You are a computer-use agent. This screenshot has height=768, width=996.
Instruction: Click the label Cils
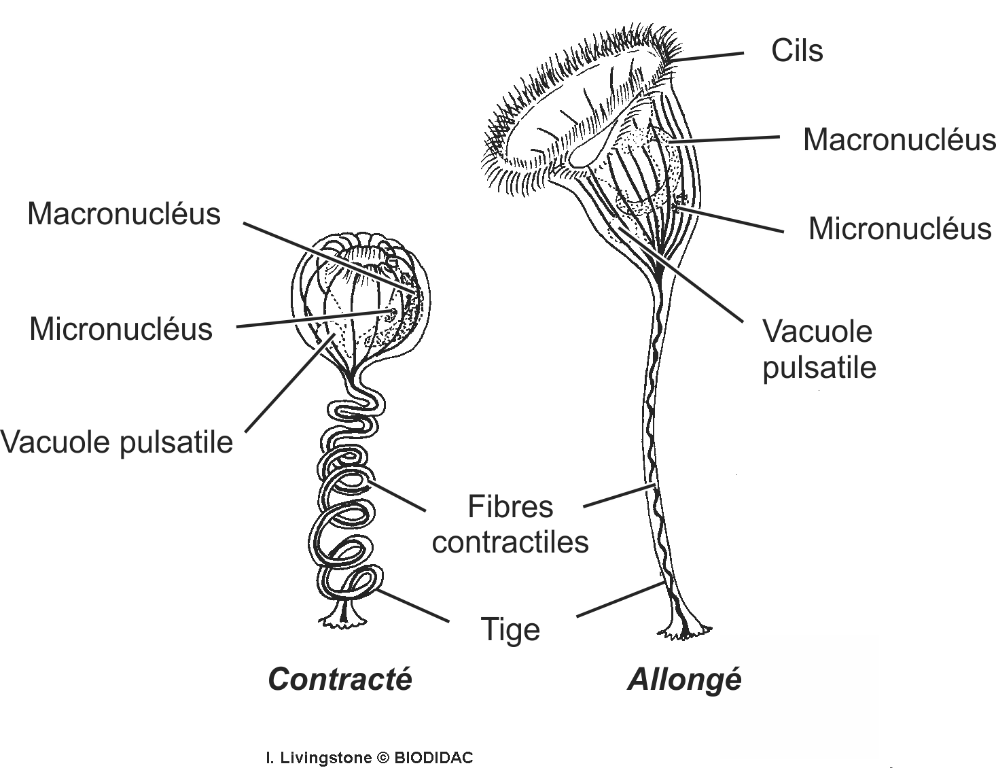tap(796, 51)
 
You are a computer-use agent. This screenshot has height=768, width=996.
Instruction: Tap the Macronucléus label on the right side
tap(899, 140)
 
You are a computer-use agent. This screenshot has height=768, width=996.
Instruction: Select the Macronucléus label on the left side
tap(124, 214)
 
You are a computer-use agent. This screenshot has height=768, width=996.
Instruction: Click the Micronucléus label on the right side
tap(900, 228)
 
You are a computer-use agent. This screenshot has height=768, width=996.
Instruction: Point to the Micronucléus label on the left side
tap(121, 329)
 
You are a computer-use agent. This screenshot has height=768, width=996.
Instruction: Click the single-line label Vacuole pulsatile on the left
tap(117, 442)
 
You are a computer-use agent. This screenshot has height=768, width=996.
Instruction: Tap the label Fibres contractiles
tap(510, 525)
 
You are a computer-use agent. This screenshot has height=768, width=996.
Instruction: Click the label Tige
tap(510, 629)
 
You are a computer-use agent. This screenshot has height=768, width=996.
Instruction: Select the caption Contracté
tap(340, 679)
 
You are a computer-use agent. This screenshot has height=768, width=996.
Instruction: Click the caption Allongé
tap(684, 679)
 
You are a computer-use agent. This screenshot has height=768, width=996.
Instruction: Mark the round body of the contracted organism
tap(360, 299)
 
